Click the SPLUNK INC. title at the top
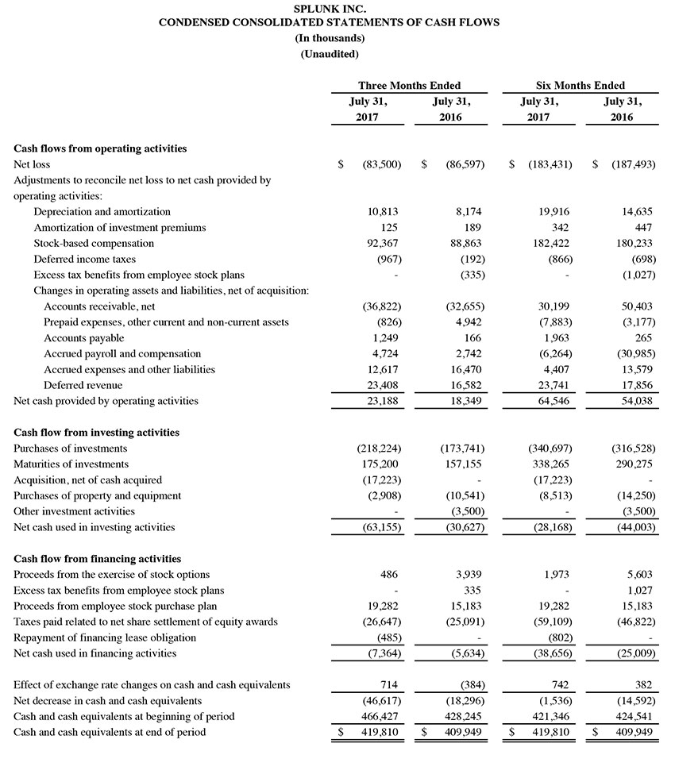click(x=329, y=8)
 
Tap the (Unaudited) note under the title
click(x=329, y=54)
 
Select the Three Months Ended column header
click(x=409, y=85)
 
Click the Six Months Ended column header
click(x=580, y=85)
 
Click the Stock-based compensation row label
click(x=94, y=244)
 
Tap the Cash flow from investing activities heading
click(x=97, y=433)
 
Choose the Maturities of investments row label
click(x=71, y=464)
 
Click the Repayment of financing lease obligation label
click(x=105, y=637)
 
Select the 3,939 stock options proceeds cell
click(x=466, y=575)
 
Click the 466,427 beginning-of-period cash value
click(x=379, y=716)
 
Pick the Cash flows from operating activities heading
click(x=101, y=148)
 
